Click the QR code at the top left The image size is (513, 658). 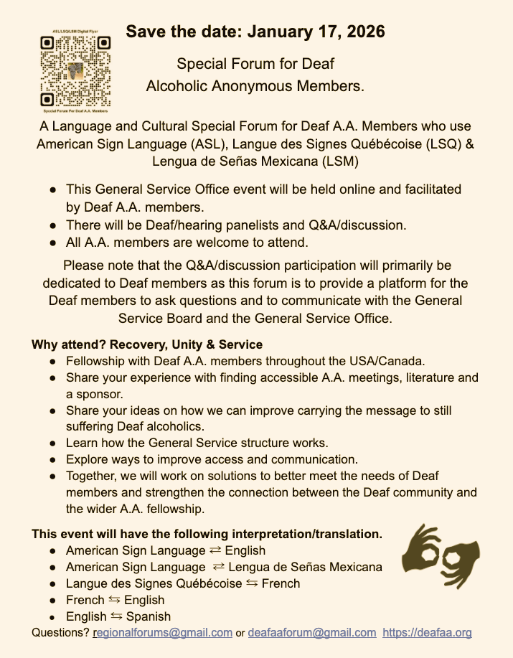point(75,70)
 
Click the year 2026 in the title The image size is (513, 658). point(364,32)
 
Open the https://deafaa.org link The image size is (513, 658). point(427,633)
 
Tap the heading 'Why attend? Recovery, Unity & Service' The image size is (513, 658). point(147,344)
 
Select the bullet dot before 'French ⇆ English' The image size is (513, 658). point(54,601)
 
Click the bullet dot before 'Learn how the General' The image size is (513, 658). point(54,443)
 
